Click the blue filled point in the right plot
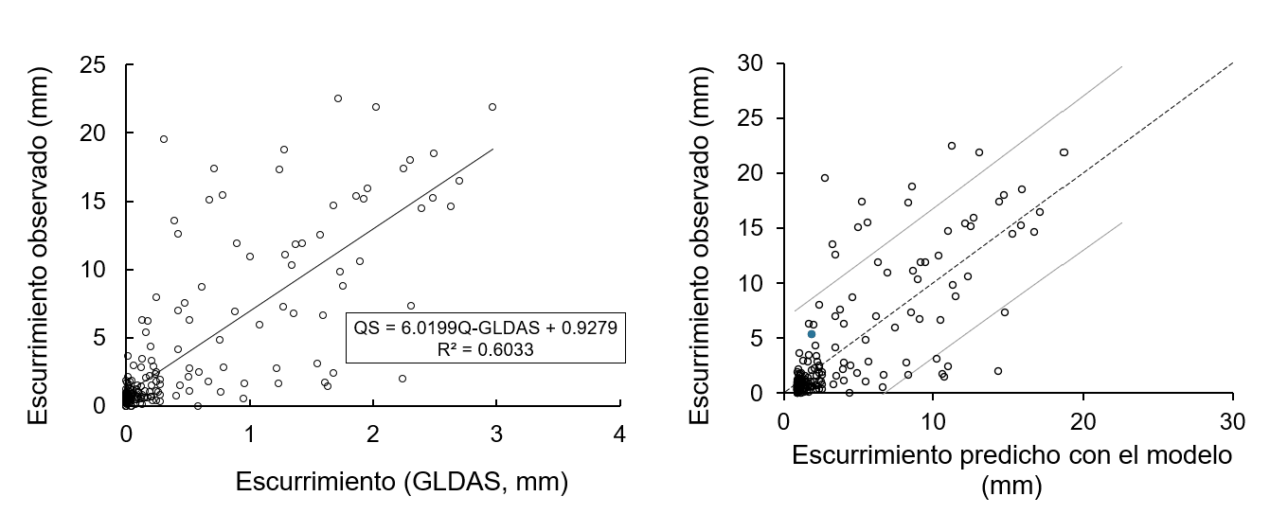812,334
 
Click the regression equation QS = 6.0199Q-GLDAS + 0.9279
485,328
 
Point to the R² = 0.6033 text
485,348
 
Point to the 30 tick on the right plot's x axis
1232,419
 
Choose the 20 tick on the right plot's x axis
1082,419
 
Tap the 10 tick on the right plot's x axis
933,419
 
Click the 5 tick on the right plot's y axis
765,338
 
